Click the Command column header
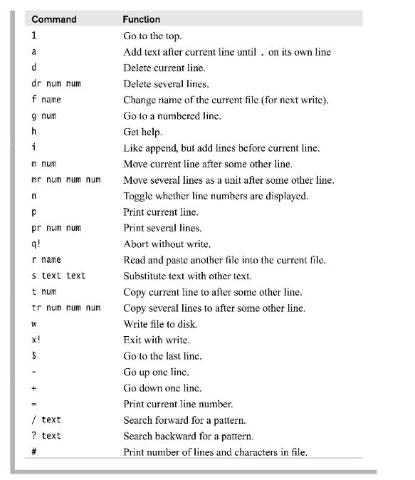click(x=54, y=19)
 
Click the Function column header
click(x=141, y=19)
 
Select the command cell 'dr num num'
click(x=56, y=83)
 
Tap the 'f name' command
click(x=46, y=100)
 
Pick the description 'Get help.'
click(x=142, y=132)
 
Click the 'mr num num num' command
click(x=66, y=179)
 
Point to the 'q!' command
click(x=36, y=244)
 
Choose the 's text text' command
click(x=58, y=276)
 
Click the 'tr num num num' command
click(x=66, y=308)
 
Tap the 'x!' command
click(x=36, y=340)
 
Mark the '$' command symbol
click(x=33, y=356)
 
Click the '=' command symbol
click(x=33, y=404)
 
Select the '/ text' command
click(x=46, y=420)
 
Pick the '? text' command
click(x=46, y=436)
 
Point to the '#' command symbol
click(x=33, y=452)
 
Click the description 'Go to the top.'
click(x=152, y=35)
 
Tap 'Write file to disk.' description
click(x=160, y=324)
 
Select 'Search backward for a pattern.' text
click(x=188, y=436)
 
